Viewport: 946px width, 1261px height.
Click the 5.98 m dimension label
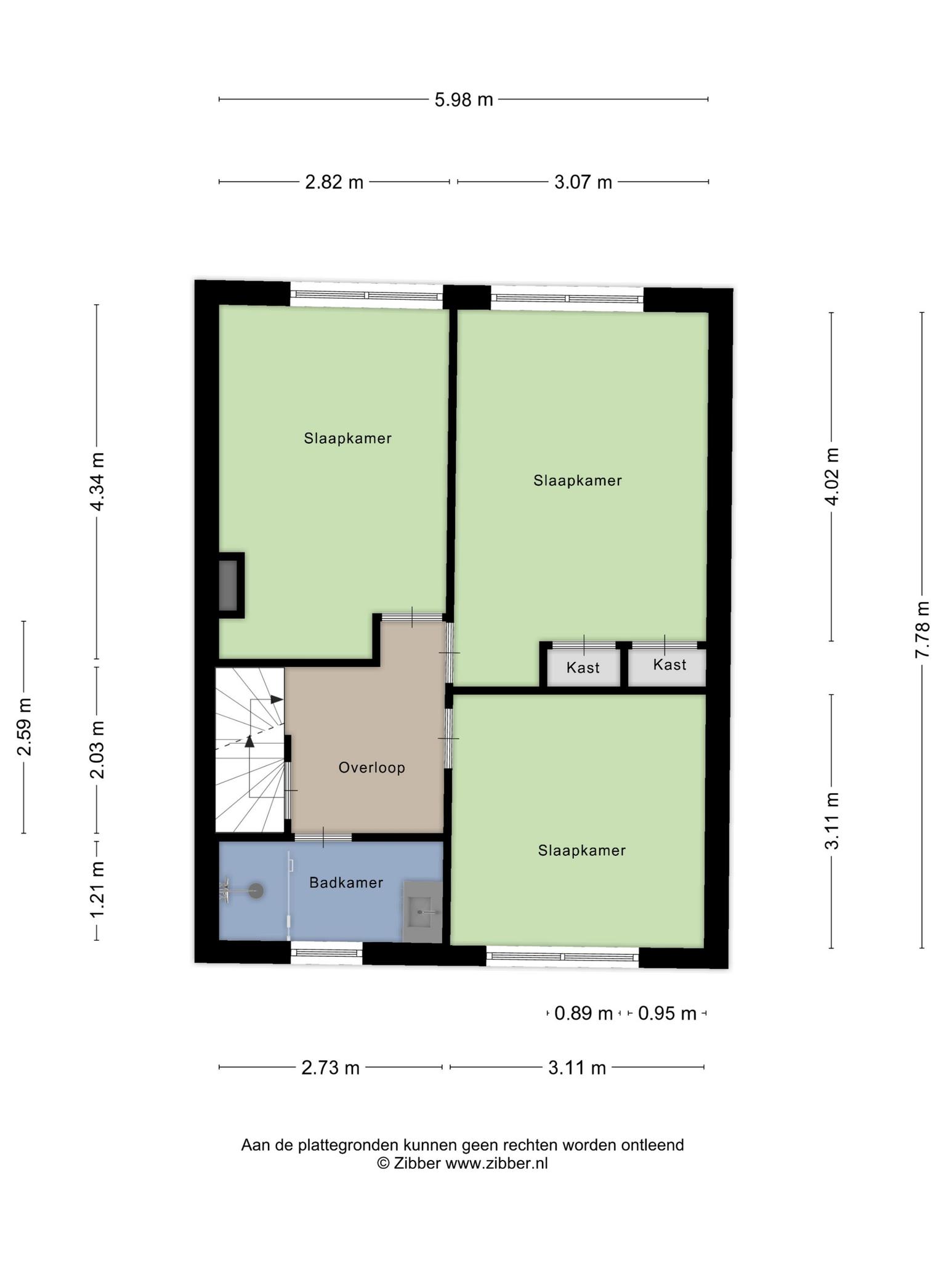[x=464, y=99]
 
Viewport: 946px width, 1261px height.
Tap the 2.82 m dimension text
[x=334, y=182]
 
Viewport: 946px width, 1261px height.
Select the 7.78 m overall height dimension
[x=922, y=629]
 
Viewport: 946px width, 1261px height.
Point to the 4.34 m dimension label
[x=97, y=481]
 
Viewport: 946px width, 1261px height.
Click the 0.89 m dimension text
[x=583, y=1013]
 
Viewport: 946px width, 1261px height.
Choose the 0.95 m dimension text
[x=667, y=1013]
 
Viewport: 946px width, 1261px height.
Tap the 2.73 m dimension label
[x=330, y=1067]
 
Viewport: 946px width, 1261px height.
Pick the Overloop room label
[x=372, y=767]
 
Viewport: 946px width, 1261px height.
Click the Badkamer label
[x=346, y=882]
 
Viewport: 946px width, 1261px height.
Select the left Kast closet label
[x=583, y=667]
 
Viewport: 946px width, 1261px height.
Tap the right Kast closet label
[x=669, y=664]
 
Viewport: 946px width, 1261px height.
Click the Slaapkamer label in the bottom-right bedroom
[x=582, y=850]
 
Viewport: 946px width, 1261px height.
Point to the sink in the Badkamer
[x=422, y=911]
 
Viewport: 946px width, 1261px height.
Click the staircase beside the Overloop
[x=249, y=750]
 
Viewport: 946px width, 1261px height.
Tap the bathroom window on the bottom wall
[x=326, y=953]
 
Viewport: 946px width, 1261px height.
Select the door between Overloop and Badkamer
[x=323, y=837]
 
